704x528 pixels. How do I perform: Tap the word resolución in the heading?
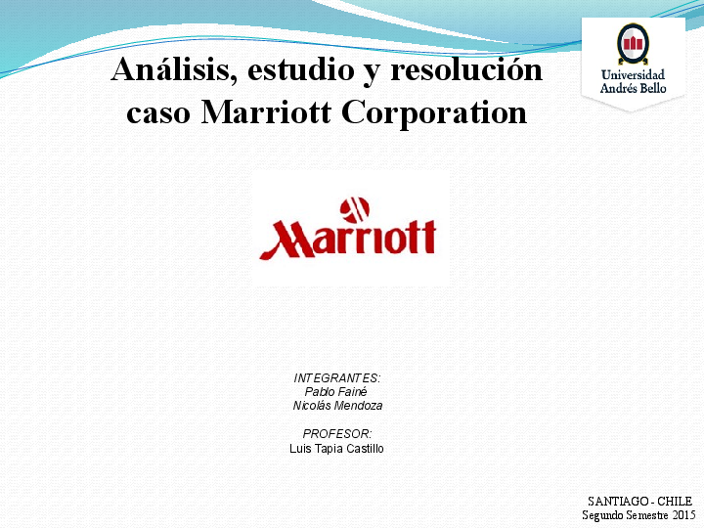[x=466, y=71]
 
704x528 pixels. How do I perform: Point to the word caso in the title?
[x=159, y=112]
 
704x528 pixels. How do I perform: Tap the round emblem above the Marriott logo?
[x=354, y=208]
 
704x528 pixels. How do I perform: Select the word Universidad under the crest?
[x=633, y=74]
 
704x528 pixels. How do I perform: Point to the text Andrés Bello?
[x=633, y=89]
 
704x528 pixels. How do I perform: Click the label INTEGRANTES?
[x=337, y=377]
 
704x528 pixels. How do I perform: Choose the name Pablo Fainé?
[x=336, y=391]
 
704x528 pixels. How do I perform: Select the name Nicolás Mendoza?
[x=337, y=405]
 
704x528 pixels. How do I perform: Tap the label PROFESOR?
[x=337, y=433]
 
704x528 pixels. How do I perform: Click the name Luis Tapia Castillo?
[x=337, y=448]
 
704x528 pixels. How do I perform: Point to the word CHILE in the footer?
[x=675, y=501]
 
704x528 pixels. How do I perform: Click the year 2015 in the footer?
[x=682, y=514]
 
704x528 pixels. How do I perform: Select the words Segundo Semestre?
[x=626, y=514]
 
